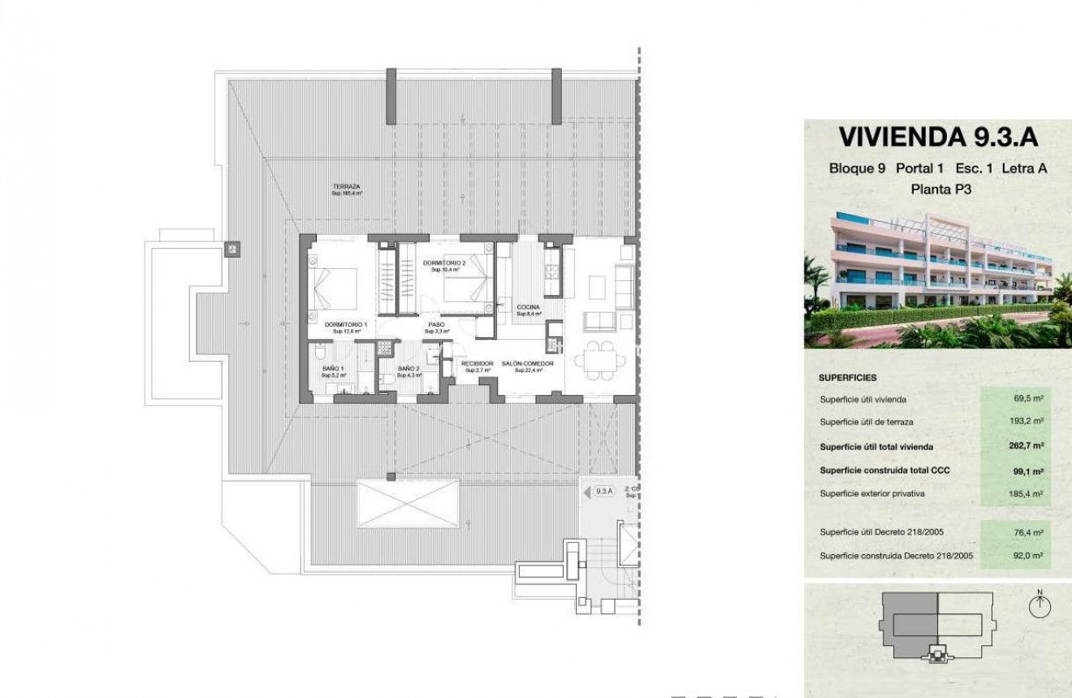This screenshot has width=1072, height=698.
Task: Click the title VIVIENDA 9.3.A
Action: (x=938, y=137)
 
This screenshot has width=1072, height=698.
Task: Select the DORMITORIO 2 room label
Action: (x=444, y=263)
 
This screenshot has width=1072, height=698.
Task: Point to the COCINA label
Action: (x=528, y=308)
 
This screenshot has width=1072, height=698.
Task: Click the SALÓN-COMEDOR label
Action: (x=527, y=363)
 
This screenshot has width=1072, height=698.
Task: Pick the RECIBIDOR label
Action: (x=477, y=363)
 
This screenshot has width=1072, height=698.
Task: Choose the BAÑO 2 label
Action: (x=408, y=369)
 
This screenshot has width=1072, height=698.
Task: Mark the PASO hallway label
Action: (x=436, y=325)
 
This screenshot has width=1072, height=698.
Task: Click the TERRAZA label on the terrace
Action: (x=346, y=187)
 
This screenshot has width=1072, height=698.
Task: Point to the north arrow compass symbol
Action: (x=1039, y=605)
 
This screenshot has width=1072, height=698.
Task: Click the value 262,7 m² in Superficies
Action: (x=1027, y=446)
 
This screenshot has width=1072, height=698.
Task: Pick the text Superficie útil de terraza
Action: (x=866, y=422)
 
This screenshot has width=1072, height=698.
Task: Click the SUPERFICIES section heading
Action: (x=847, y=378)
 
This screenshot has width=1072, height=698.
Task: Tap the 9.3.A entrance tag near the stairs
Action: (x=603, y=491)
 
